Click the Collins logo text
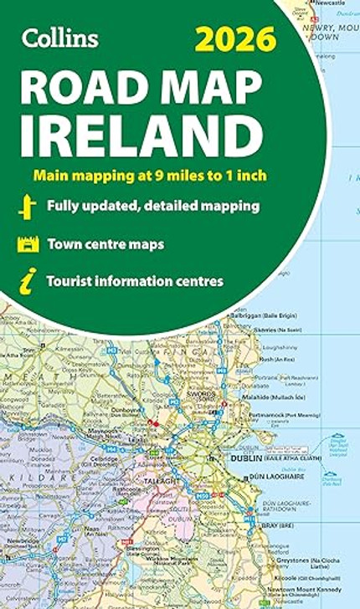[61, 38]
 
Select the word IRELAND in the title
[138, 134]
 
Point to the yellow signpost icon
[28, 206]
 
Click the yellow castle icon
[28, 244]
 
